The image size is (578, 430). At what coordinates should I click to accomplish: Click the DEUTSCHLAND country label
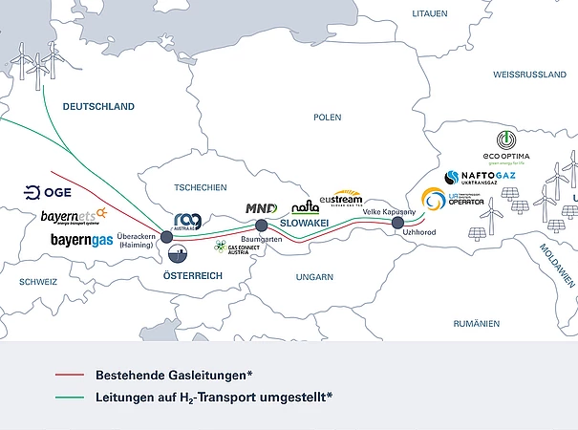pos(98,107)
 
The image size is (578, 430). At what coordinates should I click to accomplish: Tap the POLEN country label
pos(327,117)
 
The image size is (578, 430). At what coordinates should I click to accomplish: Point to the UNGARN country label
pos(314,277)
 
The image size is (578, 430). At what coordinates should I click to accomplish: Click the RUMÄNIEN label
pos(477,324)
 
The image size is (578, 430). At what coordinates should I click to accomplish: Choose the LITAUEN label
pos(429,13)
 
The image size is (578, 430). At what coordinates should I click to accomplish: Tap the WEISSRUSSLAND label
pos(528,74)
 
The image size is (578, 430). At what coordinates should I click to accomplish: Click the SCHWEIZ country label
pos(38,282)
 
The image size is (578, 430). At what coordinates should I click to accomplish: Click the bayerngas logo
pos(81,240)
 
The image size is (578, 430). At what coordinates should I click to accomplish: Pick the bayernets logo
pos(75,215)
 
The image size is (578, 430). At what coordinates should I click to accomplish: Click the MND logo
pos(261,207)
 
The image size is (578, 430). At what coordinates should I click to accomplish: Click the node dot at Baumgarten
pos(262,226)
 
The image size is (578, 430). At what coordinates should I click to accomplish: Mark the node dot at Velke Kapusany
pos(397,223)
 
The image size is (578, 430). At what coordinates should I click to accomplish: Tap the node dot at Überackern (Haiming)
pos(166,236)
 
